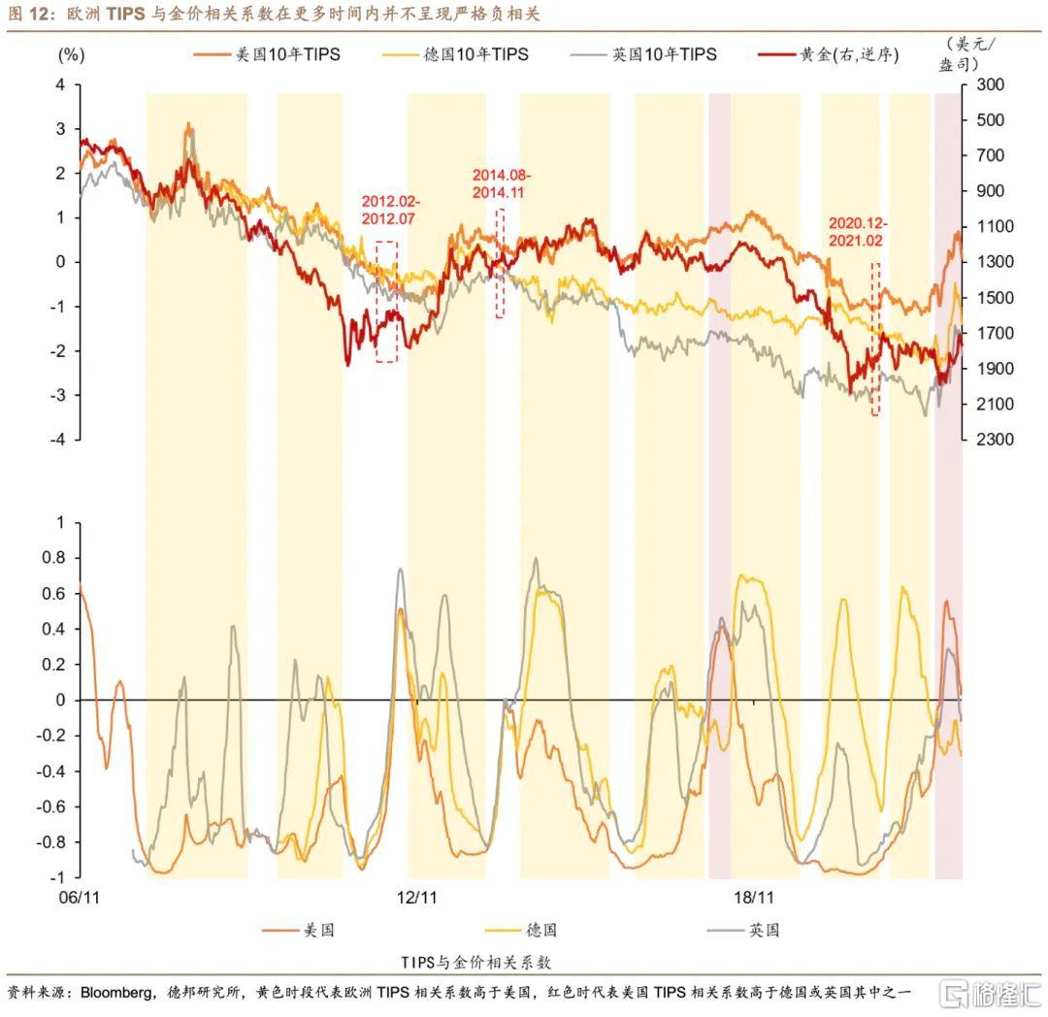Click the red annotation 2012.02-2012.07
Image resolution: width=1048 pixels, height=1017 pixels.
tap(391, 209)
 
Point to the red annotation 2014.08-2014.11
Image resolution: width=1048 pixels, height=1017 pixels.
tap(502, 183)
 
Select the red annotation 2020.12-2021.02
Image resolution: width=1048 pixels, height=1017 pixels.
tap(858, 231)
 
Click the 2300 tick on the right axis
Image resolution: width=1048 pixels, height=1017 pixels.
tap(991, 440)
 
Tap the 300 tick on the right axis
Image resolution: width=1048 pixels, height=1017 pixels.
tap(991, 85)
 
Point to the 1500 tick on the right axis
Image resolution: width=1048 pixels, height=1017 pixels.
tap(991, 298)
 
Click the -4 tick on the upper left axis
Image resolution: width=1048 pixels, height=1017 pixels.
tap(59, 440)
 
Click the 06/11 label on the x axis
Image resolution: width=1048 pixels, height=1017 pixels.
tap(79, 898)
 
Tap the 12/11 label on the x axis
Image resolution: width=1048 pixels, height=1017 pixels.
tap(418, 898)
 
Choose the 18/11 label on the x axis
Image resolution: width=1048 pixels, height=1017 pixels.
tap(753, 898)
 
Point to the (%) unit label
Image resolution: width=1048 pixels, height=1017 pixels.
tap(72, 55)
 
